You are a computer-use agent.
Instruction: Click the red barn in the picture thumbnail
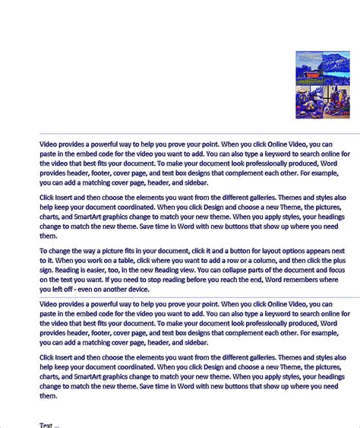(x=311, y=75)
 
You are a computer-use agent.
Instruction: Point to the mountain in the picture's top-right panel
(x=336, y=62)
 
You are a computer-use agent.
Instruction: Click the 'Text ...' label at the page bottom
(x=49, y=425)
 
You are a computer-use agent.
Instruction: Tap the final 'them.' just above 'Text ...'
(x=49, y=395)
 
